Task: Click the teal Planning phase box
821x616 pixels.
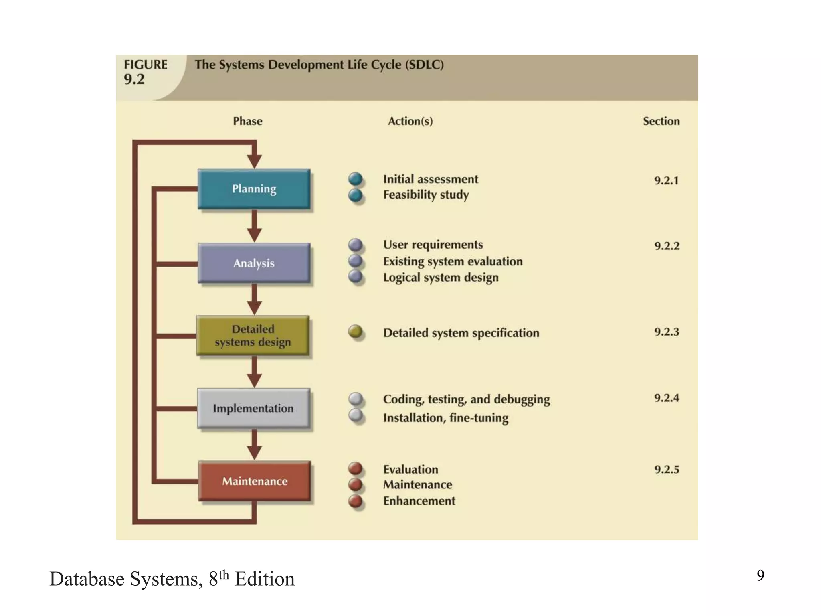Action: (x=254, y=189)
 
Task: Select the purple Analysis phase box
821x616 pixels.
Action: (x=254, y=263)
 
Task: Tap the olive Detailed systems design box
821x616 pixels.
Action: (x=253, y=336)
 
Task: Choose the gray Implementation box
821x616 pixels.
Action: (x=253, y=408)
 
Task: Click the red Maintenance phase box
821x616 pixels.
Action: (x=255, y=481)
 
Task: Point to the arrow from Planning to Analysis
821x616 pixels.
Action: (x=254, y=226)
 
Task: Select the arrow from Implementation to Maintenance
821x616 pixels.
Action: (x=254, y=444)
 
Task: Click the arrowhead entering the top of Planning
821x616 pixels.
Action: (x=254, y=161)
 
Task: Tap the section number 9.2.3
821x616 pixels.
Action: (x=667, y=332)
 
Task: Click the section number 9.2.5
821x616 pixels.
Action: (x=667, y=470)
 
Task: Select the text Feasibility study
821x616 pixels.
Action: (x=426, y=195)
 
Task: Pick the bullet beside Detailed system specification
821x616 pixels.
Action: (x=355, y=332)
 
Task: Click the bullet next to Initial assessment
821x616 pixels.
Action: (x=355, y=179)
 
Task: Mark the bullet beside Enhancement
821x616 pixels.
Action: (x=355, y=501)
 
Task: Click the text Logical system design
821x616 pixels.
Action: (x=441, y=278)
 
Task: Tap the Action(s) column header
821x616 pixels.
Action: (x=410, y=121)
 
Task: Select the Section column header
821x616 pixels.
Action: (x=661, y=121)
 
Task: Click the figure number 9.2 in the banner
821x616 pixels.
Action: (x=134, y=79)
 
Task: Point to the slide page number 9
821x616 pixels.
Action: (x=760, y=575)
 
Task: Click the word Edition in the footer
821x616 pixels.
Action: (x=265, y=579)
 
